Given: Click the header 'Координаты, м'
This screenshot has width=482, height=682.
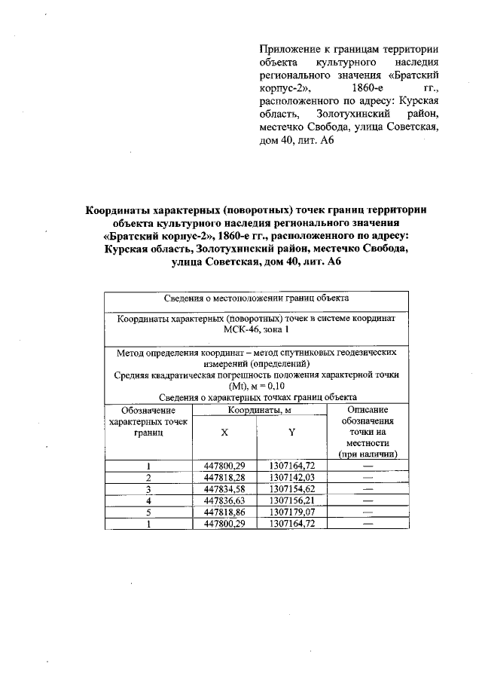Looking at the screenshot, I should click(x=259, y=410).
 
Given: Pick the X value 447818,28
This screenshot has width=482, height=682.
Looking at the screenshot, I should click(x=224, y=478).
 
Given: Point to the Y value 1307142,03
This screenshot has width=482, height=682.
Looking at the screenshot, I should click(x=291, y=478).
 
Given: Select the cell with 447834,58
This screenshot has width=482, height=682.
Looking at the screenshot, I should click(x=224, y=489).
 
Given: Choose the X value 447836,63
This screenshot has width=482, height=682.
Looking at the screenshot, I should click(x=224, y=500).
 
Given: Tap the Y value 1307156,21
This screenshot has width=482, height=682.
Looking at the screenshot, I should click(x=291, y=500).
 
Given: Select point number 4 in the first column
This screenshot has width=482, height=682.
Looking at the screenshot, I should click(x=149, y=500).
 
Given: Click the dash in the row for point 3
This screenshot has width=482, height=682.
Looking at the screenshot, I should click(x=368, y=489).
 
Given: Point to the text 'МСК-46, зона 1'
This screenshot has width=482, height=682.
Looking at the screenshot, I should click(x=256, y=331).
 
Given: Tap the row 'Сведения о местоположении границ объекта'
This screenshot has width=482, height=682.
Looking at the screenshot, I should click(x=256, y=300).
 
